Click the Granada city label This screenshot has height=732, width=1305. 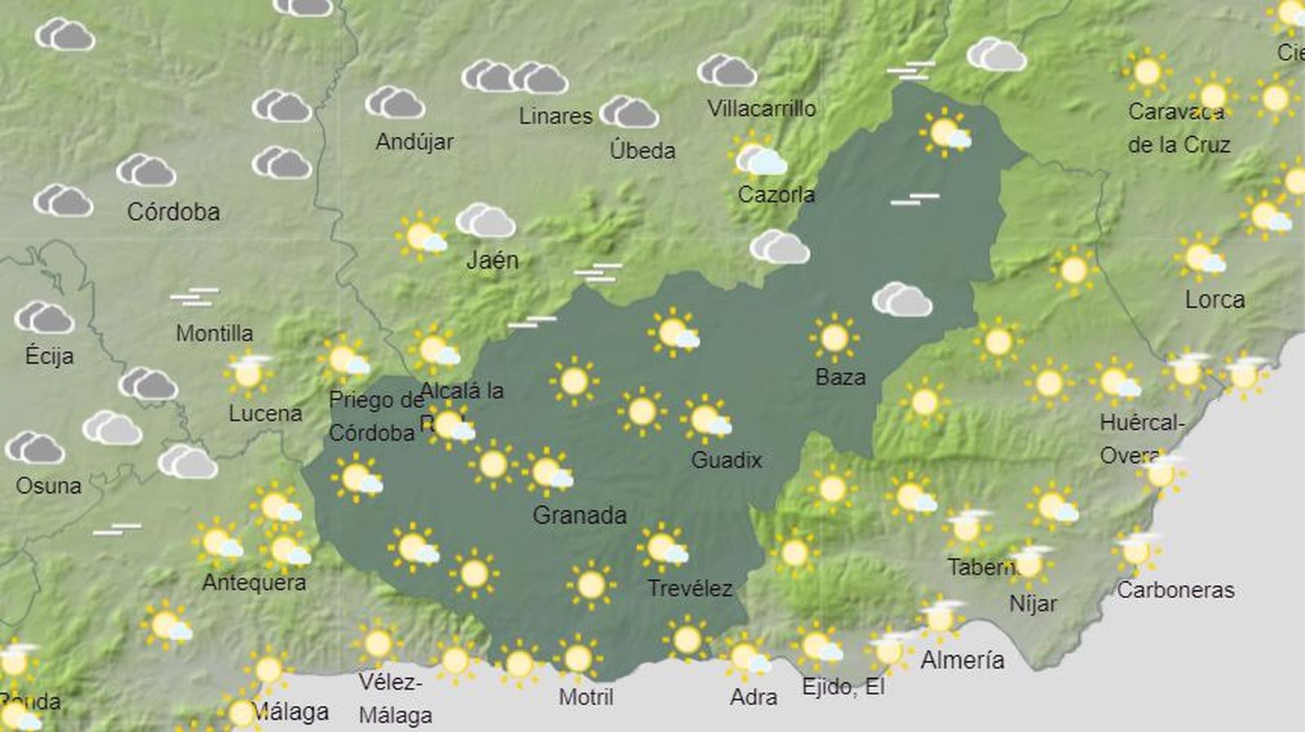[579, 515]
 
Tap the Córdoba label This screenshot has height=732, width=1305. [173, 212]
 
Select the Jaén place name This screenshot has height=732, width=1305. [492, 260]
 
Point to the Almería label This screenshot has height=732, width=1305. [962, 659]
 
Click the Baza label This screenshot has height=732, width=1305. [840, 377]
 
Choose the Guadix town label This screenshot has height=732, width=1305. [726, 460]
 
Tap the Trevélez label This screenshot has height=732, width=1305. [689, 588]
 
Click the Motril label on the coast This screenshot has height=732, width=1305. [586, 697]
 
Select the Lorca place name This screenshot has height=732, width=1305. [1214, 299]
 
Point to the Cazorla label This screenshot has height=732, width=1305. [776, 194]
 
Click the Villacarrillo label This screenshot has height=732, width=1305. [761, 109]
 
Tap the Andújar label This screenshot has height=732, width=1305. [414, 142]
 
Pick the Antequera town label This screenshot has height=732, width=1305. [254, 583]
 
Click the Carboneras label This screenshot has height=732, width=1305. [1174, 590]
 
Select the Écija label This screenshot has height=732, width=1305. [49, 356]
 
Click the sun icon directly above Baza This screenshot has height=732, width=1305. [834, 336]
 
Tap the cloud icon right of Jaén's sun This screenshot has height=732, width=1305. [485, 221]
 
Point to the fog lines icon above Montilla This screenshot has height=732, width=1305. [194, 296]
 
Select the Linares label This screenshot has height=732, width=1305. [555, 116]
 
